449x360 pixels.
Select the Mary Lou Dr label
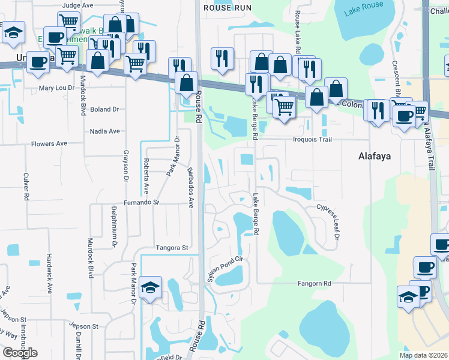(x=56, y=88)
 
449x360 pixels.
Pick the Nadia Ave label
(x=104, y=131)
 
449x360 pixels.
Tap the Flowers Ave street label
(x=49, y=144)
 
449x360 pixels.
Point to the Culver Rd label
(x=26, y=186)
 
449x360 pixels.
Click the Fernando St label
(x=142, y=203)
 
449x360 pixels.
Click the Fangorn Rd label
(x=315, y=283)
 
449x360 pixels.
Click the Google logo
(x=20, y=353)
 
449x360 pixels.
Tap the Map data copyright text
(x=423, y=355)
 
